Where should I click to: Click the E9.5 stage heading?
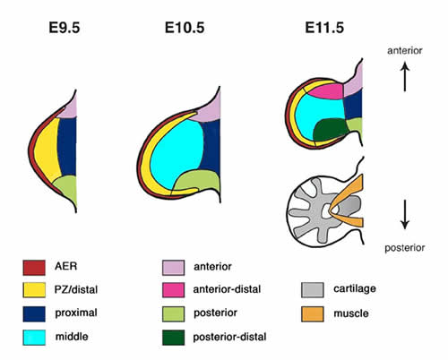point(65,28)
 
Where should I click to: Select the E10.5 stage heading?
point(185,28)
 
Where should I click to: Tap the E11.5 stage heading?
point(324,28)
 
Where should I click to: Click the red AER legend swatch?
point(34,268)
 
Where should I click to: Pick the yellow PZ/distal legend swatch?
point(34,290)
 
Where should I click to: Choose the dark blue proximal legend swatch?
point(34,313)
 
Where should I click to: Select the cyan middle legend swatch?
point(34,338)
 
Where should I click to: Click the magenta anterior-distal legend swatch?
point(173,290)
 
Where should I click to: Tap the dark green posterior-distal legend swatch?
point(173,338)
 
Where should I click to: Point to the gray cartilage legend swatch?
point(313,290)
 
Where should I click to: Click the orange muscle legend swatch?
point(313,313)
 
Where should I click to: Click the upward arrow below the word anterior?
point(405,76)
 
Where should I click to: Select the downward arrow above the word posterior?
point(405,215)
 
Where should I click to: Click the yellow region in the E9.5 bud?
point(47,150)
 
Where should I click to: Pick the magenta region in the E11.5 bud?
point(326,91)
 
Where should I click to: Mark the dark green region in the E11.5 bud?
point(330,129)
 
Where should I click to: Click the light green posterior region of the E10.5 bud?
point(197,181)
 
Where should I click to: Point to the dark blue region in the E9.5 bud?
point(67,146)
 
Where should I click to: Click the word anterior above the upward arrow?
point(405,51)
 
